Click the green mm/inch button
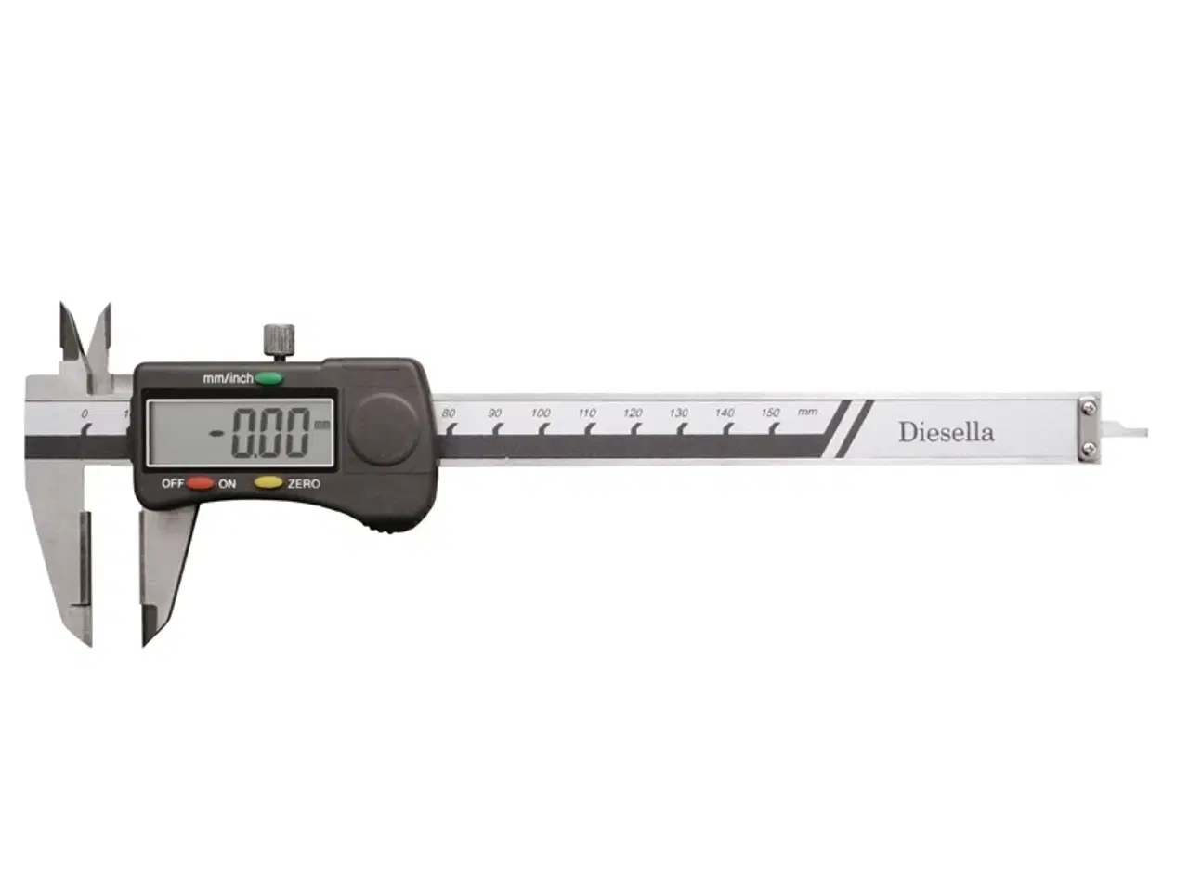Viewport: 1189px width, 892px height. pos(268,378)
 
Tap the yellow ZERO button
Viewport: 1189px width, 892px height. pos(268,482)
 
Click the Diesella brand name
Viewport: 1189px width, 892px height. pos(947,432)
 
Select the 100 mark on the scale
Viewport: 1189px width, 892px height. pos(540,413)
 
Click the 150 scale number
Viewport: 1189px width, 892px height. pos(770,413)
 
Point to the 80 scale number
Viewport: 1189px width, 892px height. pos(448,413)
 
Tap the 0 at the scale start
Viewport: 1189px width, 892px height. pos(85,413)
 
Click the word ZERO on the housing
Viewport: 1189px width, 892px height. pos(304,484)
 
